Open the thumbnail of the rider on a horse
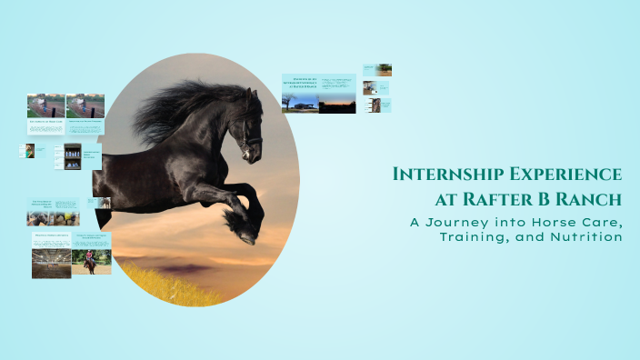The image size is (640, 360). pos(91,263)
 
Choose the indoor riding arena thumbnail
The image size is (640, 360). pos(51,262)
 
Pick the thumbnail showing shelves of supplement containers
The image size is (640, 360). pos(72,155)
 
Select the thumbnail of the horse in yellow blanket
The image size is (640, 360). pos(30,150)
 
